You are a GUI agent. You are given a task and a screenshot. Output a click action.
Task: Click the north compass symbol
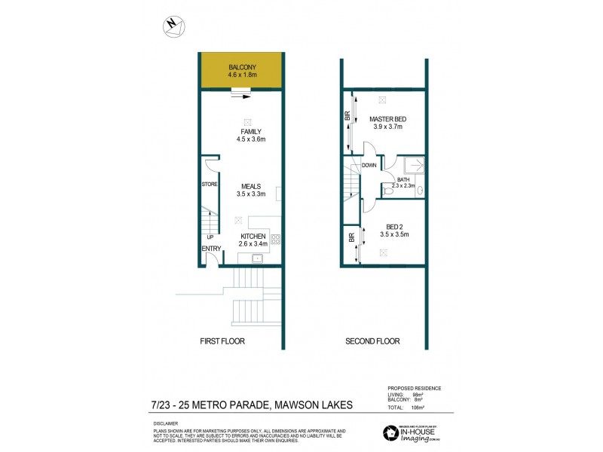[173, 26]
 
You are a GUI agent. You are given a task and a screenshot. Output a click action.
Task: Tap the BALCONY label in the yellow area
[242, 67]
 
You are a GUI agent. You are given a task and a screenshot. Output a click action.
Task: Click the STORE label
[209, 184]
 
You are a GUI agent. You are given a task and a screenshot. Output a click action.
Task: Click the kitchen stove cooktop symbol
[275, 240]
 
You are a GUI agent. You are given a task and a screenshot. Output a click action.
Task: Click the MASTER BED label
[388, 120]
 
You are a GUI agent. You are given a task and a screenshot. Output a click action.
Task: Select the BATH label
[403, 179]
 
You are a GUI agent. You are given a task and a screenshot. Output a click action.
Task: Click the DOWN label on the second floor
[369, 165]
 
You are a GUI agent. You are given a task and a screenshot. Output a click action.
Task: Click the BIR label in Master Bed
[347, 117]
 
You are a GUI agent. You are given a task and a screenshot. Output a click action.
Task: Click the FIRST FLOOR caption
[222, 341]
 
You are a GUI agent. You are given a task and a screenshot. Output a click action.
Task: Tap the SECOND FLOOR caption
[372, 341]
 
